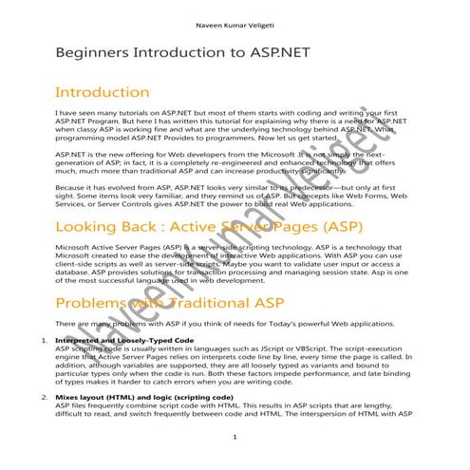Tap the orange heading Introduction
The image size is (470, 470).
[103, 93]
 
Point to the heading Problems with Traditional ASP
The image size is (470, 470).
[158, 303]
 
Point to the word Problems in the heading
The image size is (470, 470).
[90, 303]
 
